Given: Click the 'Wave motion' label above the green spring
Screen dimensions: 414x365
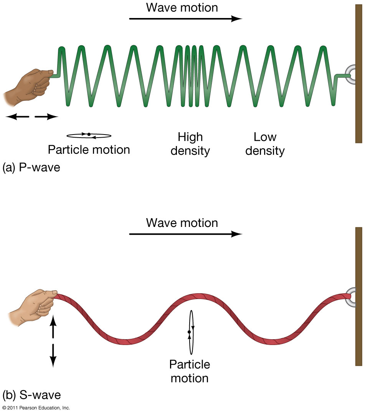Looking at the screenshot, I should (x=182, y=7).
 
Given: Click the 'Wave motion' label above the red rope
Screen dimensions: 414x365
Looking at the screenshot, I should (x=182, y=223).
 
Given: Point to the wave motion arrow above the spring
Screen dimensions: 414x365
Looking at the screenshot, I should (x=186, y=18).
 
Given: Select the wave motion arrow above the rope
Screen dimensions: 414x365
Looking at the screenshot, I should (x=186, y=233).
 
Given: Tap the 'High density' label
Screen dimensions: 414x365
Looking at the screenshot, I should (x=190, y=144).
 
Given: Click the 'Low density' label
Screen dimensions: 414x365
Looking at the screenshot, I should (x=265, y=144).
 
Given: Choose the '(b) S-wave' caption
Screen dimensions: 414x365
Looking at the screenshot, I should (x=31, y=394).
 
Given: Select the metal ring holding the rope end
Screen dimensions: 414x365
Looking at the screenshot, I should (x=352, y=297).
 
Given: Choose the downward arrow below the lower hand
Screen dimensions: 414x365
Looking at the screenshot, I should (x=53, y=355).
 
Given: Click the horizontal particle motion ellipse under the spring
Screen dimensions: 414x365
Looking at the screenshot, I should (x=89, y=135).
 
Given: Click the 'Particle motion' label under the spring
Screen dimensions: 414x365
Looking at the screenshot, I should (x=89, y=149).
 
